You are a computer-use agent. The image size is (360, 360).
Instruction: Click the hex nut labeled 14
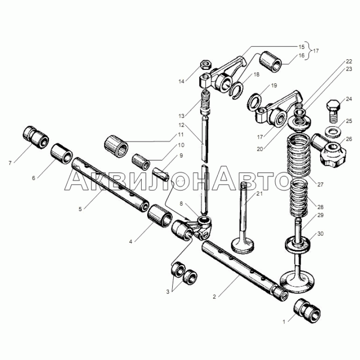click(205, 64)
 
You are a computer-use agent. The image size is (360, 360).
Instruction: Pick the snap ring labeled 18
click(236, 90)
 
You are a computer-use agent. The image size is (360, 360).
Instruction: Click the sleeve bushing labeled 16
click(270, 61)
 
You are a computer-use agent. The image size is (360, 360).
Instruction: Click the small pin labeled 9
click(162, 175)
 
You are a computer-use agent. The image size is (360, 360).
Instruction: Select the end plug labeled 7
click(36, 137)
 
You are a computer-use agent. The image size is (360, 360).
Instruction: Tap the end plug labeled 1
click(307, 311)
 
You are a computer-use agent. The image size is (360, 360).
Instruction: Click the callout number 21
click(259, 194)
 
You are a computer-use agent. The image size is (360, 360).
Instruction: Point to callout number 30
click(320, 234)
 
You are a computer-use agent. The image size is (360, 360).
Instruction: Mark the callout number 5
click(80, 209)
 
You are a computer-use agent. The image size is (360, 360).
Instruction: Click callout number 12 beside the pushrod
click(181, 125)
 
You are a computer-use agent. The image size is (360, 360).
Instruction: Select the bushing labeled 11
click(117, 146)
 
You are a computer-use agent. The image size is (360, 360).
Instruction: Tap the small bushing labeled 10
click(141, 161)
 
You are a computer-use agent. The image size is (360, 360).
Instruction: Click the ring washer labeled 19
click(255, 101)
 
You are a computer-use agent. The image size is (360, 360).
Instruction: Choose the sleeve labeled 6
click(62, 154)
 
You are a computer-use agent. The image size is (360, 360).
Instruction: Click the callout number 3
click(168, 292)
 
